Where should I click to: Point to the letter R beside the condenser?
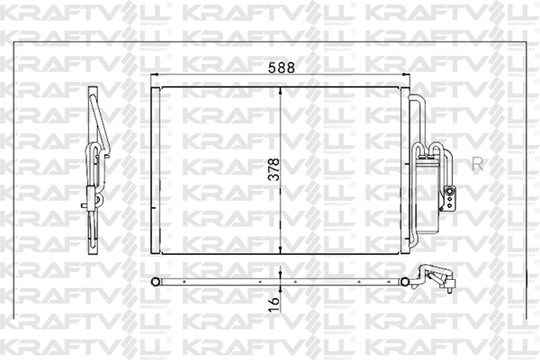477,163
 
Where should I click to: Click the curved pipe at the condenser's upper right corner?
414,101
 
